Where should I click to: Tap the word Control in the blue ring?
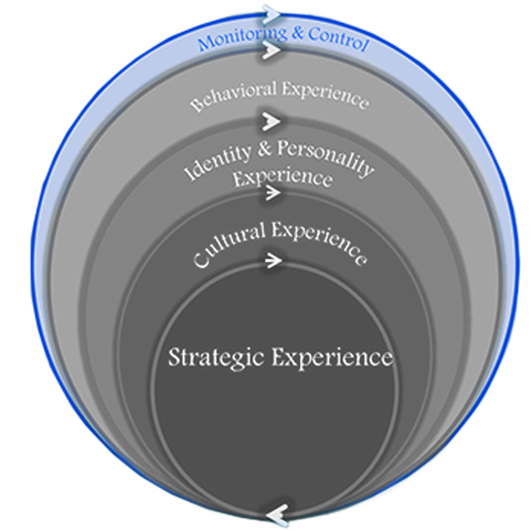point(336,42)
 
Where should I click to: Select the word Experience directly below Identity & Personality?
point(282,176)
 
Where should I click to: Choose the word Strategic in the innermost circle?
point(217,358)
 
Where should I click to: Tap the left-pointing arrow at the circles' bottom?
point(276,512)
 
